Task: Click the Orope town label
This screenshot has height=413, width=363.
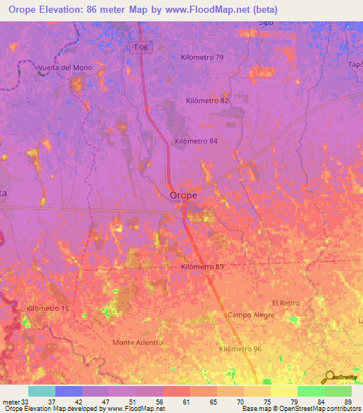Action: (183, 195)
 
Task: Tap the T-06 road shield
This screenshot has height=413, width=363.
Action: (141, 48)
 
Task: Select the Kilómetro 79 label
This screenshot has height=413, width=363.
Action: (202, 57)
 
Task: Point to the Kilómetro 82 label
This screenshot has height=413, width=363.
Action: (207, 101)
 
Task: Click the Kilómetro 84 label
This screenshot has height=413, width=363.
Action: (196, 141)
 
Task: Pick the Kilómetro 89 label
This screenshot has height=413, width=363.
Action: (202, 267)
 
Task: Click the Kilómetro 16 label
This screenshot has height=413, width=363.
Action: (48, 308)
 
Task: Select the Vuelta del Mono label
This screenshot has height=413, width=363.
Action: (65, 68)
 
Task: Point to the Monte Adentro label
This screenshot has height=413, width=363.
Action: (138, 342)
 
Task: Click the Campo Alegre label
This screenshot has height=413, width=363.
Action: (249, 314)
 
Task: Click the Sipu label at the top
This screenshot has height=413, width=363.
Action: (266, 23)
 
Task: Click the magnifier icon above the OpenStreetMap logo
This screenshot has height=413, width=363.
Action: (328, 377)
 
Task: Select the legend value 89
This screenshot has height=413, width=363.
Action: (348, 401)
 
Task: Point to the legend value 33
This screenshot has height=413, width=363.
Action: (26, 401)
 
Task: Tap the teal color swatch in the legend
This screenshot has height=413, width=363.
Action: (42, 391)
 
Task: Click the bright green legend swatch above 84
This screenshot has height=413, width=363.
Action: (311, 391)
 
